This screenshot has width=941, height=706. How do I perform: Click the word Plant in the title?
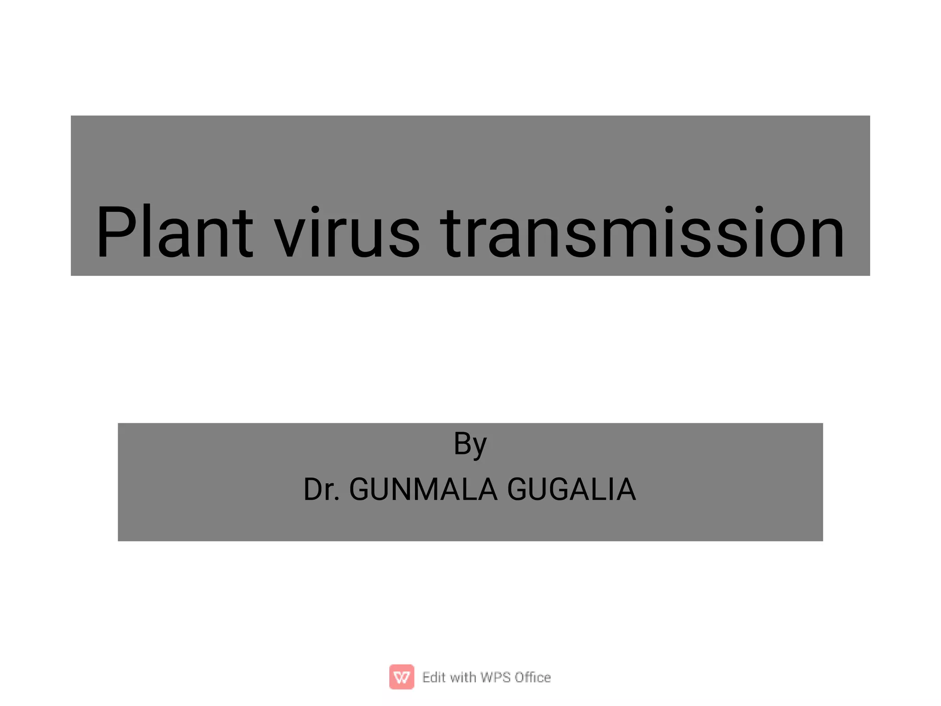coord(174,232)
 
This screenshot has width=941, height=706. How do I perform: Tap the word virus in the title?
coord(347,232)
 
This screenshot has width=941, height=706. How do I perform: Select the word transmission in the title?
coord(642,232)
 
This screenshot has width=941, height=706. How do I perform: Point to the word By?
coord(470,444)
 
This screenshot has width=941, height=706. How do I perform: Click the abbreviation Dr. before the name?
coord(321,489)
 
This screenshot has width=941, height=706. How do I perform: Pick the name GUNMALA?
coord(423,489)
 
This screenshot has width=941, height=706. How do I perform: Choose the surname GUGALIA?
coord(572,489)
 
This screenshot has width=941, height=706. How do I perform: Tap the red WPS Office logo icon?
coord(402,677)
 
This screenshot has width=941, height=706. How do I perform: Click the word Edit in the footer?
coord(434,677)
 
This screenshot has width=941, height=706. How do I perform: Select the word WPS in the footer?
coord(495,677)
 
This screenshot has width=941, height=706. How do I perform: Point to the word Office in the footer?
coord(533,677)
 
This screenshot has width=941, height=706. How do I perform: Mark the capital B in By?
coord(462,443)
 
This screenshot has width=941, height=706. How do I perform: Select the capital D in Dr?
coord(313,489)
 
